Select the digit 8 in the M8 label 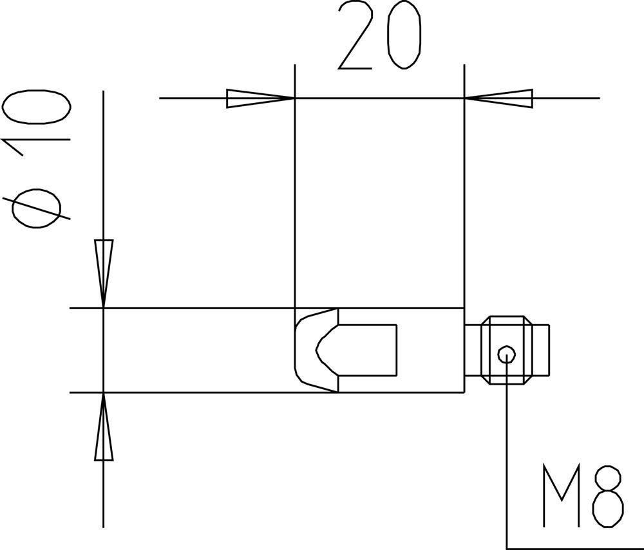[609, 495]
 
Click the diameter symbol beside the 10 [36, 208]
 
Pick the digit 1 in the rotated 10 [36, 147]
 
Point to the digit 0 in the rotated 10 [36, 106]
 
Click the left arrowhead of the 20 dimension [260, 98]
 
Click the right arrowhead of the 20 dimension [498, 98]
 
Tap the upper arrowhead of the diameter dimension [104, 273]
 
